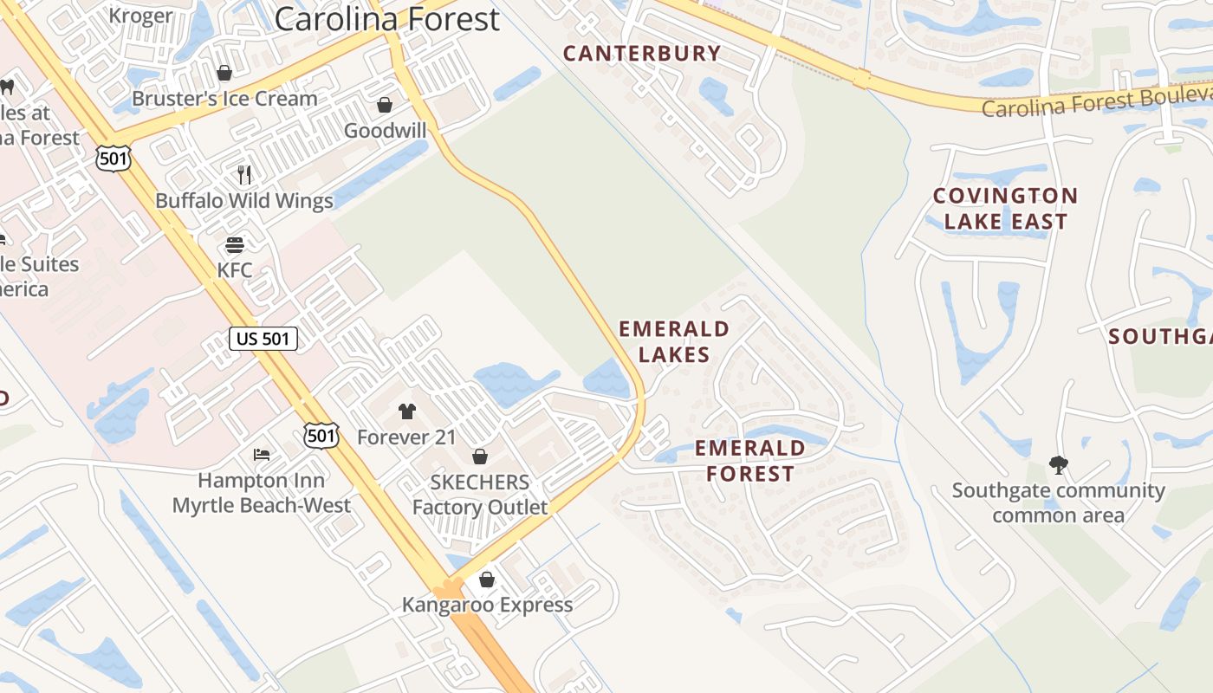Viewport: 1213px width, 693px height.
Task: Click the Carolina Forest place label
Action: (x=387, y=19)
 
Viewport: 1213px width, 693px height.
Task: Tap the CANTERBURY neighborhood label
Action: (x=642, y=54)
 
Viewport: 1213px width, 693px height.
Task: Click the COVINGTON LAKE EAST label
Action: (x=1005, y=209)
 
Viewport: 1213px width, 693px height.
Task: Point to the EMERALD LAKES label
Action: (x=674, y=341)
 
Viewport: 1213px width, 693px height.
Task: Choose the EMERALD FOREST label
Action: (x=750, y=461)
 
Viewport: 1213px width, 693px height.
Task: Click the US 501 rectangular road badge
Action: (x=263, y=339)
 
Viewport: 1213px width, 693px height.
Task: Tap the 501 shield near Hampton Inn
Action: (x=321, y=436)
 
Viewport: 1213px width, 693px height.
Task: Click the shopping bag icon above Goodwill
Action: (x=384, y=105)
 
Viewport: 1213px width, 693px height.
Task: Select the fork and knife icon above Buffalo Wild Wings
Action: (x=244, y=175)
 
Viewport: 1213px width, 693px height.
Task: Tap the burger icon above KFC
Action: (x=235, y=245)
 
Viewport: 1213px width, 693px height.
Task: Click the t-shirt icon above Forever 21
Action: (x=406, y=411)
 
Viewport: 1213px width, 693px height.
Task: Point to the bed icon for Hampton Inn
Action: (x=262, y=454)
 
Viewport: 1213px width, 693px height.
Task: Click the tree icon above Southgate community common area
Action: (x=1058, y=465)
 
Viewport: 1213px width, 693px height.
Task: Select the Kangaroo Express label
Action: (x=487, y=605)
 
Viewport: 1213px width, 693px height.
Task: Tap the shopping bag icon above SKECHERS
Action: (x=479, y=457)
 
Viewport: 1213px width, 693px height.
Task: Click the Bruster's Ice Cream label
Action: (x=224, y=99)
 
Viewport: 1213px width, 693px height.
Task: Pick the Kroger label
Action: (x=140, y=16)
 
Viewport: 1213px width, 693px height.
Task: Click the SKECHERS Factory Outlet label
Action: (x=480, y=495)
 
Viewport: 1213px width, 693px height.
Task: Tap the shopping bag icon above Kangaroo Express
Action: (x=487, y=579)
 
